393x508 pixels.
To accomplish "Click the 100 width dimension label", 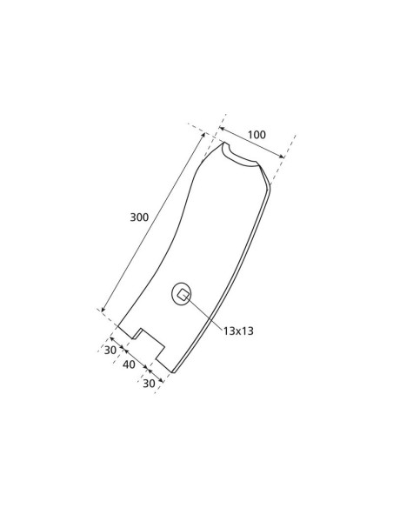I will click(256, 135).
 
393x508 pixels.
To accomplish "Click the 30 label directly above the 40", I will click(110, 350).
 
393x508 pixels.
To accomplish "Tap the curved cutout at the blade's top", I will click(241, 157).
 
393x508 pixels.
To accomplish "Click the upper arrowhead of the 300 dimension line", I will click(205, 136).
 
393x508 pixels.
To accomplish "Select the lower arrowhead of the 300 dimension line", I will click(103, 311).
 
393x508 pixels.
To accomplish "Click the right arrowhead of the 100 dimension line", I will click(283, 157).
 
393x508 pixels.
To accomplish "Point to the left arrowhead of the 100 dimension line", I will click(222, 126).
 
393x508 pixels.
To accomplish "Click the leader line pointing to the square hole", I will click(207, 313).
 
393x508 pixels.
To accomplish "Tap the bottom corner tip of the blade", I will click(173, 373).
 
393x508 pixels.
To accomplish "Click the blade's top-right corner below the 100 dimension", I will click(269, 183).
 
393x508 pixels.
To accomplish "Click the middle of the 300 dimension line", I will click(155, 223).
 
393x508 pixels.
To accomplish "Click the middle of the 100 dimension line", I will click(252, 142).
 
